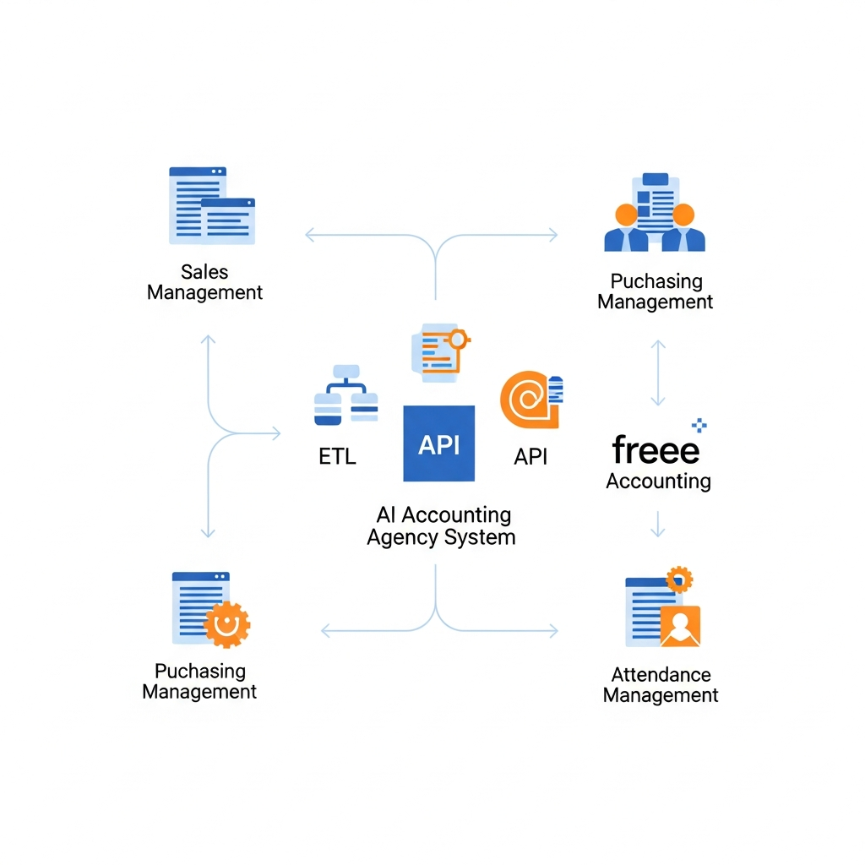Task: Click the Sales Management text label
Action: coord(205,282)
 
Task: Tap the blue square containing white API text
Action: coord(438,443)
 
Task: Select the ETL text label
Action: coord(337,456)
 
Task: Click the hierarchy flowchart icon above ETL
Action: coord(345,394)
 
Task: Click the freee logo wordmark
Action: coord(656,449)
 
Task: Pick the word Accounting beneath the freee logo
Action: coord(659,481)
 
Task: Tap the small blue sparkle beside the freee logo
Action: coord(699,425)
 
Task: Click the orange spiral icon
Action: coord(527,400)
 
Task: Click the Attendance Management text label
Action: coord(661,685)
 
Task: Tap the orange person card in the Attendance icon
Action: coord(680,626)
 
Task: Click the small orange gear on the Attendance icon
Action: coord(679,579)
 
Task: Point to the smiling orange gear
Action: coord(226,624)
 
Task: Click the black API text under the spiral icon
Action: coord(530,456)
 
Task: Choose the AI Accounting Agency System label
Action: coord(440,525)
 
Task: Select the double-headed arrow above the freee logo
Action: coord(658,373)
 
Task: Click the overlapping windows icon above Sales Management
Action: coord(211,205)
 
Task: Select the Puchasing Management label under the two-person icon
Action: coord(656,291)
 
